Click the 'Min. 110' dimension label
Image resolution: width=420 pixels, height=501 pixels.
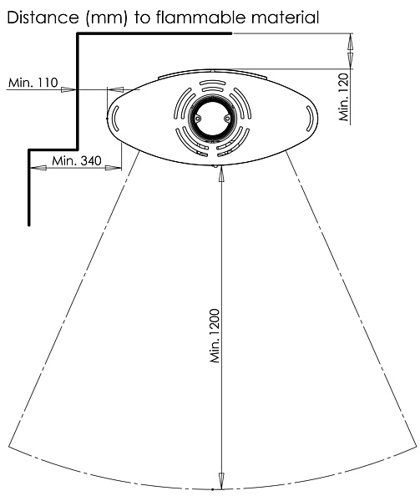(x=33, y=83)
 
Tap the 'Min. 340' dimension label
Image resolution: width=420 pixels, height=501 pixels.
(x=77, y=160)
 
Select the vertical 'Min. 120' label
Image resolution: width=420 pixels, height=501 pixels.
(x=344, y=97)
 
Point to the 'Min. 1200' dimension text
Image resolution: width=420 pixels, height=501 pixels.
(x=215, y=336)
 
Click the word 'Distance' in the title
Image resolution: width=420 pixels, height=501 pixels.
(x=43, y=18)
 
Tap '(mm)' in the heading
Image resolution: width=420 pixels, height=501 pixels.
(x=106, y=18)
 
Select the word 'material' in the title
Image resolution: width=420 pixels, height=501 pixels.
(x=286, y=18)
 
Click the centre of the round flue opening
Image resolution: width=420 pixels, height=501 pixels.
(x=212, y=119)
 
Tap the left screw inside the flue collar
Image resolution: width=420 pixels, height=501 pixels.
(x=198, y=119)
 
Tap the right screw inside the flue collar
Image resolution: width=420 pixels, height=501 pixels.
(x=227, y=119)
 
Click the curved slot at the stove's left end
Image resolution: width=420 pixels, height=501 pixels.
(x=115, y=119)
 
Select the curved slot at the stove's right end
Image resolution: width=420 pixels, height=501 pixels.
(x=310, y=119)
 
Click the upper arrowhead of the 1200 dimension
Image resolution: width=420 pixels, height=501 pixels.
(x=221, y=174)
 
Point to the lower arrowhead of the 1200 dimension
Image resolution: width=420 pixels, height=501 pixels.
(x=221, y=481)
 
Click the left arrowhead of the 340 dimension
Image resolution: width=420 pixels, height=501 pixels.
(x=38, y=168)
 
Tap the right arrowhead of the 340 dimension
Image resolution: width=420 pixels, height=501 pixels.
(x=114, y=168)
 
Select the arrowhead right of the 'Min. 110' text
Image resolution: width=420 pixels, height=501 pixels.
(x=68, y=89)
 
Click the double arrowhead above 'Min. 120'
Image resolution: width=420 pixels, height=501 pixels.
(x=351, y=51)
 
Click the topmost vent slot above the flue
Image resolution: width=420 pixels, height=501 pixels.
(x=212, y=83)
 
